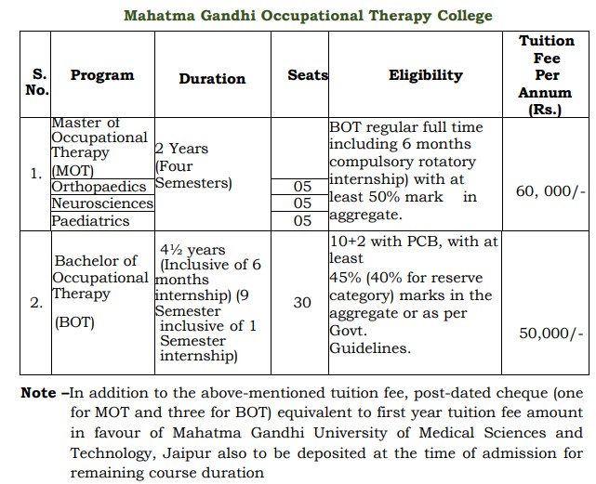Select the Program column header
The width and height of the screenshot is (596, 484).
102,75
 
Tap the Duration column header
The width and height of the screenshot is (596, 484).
212,79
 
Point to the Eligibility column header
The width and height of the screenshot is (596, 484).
425,75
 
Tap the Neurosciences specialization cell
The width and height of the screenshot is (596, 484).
102,203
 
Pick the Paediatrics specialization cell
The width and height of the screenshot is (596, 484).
90,221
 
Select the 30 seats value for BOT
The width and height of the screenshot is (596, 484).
302,303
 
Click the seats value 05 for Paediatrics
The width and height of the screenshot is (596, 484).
302,221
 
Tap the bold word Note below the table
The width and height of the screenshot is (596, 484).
38,393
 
